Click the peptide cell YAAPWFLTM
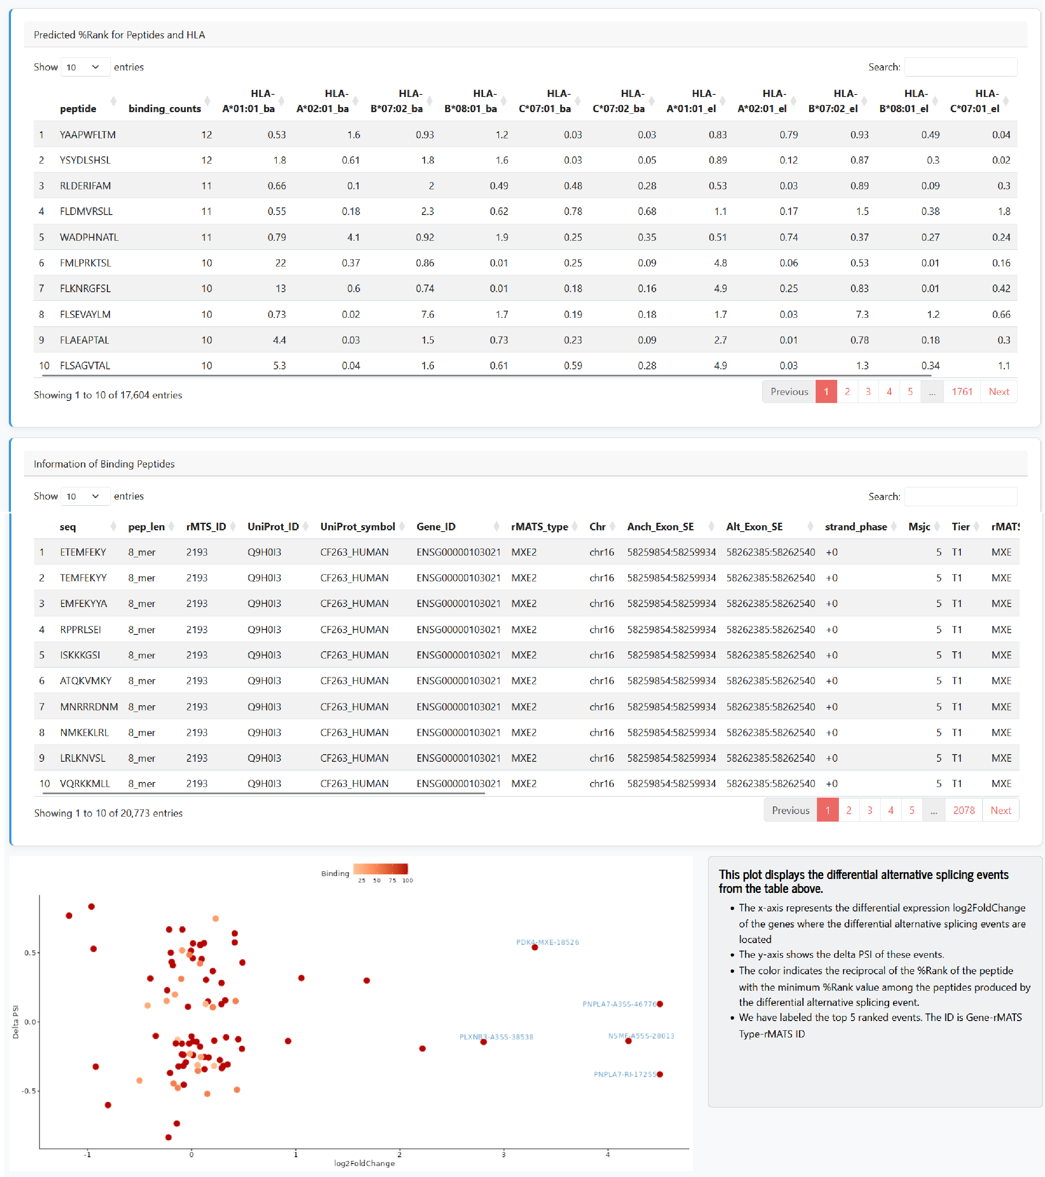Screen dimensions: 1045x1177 [88, 135]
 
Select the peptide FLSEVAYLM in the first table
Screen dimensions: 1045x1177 [85, 314]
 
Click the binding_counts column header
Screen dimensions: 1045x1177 [165, 108]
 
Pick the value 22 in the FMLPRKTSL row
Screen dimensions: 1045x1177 [280, 263]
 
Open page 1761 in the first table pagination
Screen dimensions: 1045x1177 [962, 392]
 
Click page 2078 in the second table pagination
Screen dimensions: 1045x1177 [964, 810]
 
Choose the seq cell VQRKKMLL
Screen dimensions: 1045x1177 [85, 783]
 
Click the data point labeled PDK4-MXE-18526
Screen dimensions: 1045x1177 [535, 947]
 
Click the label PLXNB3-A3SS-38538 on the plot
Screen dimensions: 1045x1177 [496, 1037]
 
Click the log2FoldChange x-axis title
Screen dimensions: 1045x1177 [365, 1163]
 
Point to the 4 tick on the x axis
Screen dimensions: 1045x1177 [607, 1154]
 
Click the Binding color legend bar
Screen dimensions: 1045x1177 [381, 869]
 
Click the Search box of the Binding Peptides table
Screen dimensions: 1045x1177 [960, 496]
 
